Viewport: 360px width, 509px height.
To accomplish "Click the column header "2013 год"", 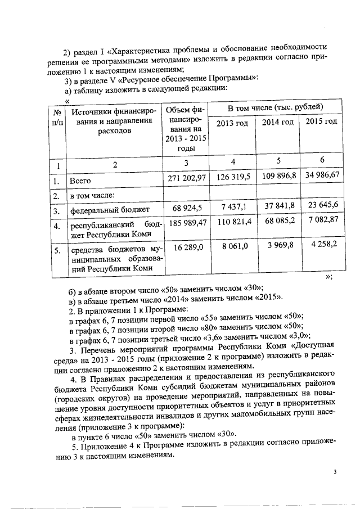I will pos(232,123).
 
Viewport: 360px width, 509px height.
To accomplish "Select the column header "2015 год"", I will pos(321,122).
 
